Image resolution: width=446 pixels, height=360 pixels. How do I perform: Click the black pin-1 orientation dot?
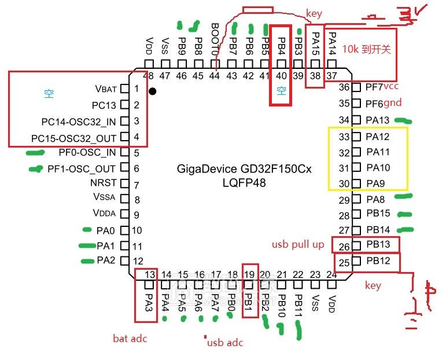coord(152,91)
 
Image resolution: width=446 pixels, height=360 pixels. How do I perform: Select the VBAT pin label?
coord(105,89)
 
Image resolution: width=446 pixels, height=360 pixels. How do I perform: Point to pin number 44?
coord(215,76)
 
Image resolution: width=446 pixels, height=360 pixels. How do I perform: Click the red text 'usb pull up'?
coord(298,245)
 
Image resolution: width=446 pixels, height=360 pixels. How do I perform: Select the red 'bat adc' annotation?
coord(130,338)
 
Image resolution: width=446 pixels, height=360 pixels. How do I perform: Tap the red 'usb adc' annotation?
coord(225,343)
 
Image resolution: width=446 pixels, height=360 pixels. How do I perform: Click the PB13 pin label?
coord(378,245)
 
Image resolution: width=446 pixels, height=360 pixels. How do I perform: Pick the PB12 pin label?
coord(378,261)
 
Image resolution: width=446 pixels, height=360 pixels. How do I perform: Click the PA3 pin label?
coord(149,302)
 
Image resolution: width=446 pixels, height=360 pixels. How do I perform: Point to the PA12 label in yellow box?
coord(378,137)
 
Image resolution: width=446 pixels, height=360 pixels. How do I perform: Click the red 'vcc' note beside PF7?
coord(392,87)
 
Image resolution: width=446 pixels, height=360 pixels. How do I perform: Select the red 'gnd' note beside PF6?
coord(392,103)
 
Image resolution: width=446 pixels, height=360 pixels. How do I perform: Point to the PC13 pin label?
coord(104,105)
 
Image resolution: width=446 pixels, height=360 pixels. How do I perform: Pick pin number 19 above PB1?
coord(249,275)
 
